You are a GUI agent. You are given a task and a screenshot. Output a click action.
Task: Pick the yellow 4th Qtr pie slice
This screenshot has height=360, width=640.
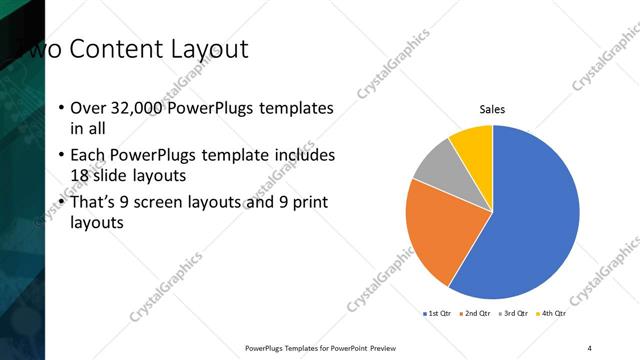click(x=472, y=142)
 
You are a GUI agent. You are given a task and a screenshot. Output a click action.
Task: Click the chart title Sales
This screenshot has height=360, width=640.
click(x=492, y=109)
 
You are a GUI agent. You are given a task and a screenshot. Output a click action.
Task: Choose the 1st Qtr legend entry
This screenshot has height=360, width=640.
click(x=438, y=313)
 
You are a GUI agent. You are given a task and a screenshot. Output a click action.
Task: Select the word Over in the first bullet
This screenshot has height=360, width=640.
click(x=88, y=107)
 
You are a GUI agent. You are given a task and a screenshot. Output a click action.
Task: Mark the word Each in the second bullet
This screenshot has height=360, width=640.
click(x=88, y=155)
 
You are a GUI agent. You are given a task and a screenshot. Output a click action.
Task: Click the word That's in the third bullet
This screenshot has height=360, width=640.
click(x=96, y=202)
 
